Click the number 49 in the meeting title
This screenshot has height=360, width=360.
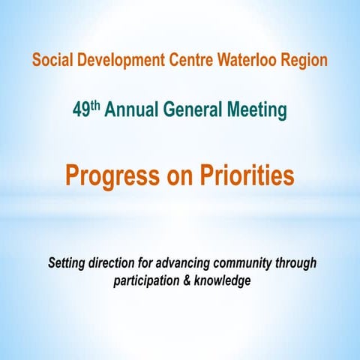[x=82, y=111]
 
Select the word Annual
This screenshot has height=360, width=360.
[x=129, y=111]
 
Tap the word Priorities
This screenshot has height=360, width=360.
[x=244, y=175]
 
